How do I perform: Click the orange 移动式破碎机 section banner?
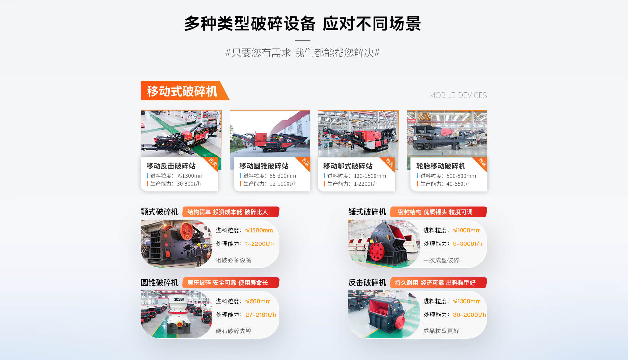[185, 91]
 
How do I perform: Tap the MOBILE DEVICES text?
[458, 95]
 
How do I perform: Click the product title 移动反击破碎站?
[171, 166]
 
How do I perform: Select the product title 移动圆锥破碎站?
[264, 166]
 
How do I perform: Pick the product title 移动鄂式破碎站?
[348, 166]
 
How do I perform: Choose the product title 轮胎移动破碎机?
[441, 166]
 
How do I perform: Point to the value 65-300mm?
[283, 176]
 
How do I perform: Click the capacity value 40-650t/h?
[459, 184]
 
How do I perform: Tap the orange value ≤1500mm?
[259, 230]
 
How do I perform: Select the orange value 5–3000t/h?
[468, 244]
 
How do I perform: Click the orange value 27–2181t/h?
[261, 315]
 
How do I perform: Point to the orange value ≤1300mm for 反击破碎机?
[467, 301]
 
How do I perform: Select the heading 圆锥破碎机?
[160, 283]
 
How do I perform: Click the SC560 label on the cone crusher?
[179, 299]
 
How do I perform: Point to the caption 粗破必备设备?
[234, 260]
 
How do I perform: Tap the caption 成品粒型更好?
[441, 331]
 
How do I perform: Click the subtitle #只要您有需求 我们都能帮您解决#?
[303, 53]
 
